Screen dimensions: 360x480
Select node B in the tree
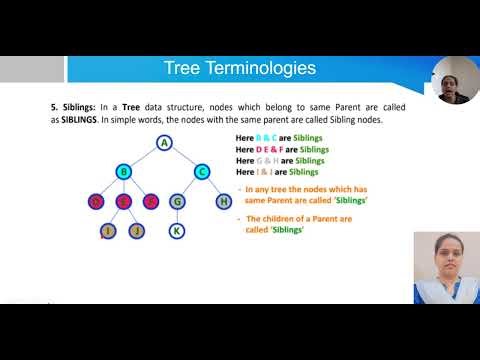(124, 171)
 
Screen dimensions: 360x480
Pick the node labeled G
(176, 201)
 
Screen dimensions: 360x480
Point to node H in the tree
(224, 201)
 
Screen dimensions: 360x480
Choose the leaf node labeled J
(139, 231)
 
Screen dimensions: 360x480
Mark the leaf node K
(176, 231)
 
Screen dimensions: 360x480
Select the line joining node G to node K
(176, 216)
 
